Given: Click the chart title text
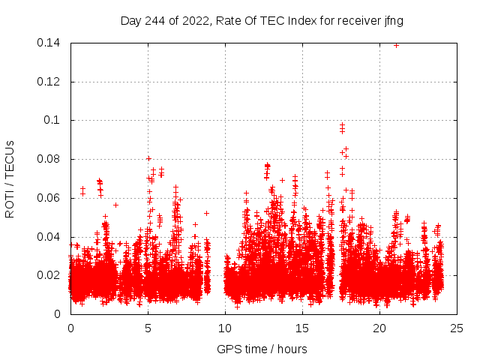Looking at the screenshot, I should coord(262,21).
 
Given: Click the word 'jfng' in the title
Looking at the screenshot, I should coord(394,21).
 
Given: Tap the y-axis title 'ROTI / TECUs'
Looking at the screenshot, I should coord(10,178).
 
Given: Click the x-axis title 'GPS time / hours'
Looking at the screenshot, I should coord(262,349).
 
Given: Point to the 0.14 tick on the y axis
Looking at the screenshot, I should coord(49,43).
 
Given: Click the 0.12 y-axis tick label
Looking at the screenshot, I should coord(49,82).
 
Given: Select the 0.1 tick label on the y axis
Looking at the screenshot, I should coord(54,120).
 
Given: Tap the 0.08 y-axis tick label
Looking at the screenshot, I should coord(49,159).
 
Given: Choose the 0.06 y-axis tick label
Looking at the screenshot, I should coord(49,198).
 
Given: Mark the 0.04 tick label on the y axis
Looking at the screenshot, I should coord(49,237).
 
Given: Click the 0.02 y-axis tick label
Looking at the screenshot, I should coord(49,275).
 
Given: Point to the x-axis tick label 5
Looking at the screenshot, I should coord(148,328).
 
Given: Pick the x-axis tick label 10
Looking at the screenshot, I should coord(225,328).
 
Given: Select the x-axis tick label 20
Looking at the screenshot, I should coord(379,328).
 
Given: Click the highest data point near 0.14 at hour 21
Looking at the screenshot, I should coord(396,45).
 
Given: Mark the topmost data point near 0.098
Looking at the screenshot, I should coord(343,124).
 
